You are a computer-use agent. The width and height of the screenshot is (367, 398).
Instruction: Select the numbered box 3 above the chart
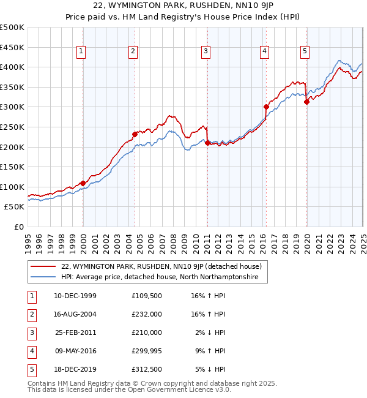tap(206, 52)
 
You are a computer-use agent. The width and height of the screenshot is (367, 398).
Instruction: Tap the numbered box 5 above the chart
tap(305, 52)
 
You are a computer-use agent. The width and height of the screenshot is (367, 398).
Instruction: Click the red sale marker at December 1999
tap(83, 182)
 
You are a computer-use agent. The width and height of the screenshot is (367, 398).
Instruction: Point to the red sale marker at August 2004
tap(135, 134)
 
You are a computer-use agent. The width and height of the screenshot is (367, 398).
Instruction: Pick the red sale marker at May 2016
tap(266, 107)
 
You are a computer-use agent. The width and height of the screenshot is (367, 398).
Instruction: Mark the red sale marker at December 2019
tap(306, 102)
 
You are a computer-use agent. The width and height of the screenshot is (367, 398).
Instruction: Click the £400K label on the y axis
tap(12, 67)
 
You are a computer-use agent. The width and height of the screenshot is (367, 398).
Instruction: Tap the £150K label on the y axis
tap(12, 167)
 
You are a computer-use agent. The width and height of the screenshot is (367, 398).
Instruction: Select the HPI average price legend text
tap(160, 277)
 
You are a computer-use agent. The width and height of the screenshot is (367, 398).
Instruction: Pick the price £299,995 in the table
tap(147, 351)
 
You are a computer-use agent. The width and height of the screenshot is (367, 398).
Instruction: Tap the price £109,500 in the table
tap(147, 296)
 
